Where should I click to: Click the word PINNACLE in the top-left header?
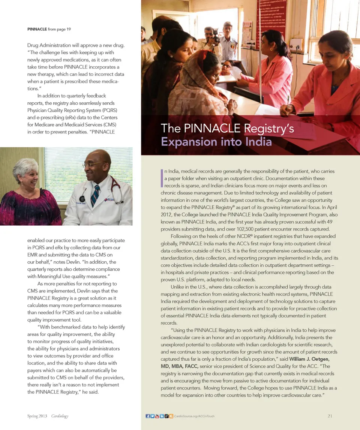coord(37,29)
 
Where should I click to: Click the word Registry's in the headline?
coord(269,129)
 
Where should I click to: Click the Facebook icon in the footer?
coord(148,416)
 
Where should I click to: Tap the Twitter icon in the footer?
coord(152,416)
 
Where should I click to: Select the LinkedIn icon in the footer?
coord(162,416)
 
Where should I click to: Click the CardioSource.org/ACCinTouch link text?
coord(194,416)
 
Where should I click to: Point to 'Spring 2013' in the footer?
coord(37,416)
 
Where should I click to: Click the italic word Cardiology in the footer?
coord(60,416)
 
